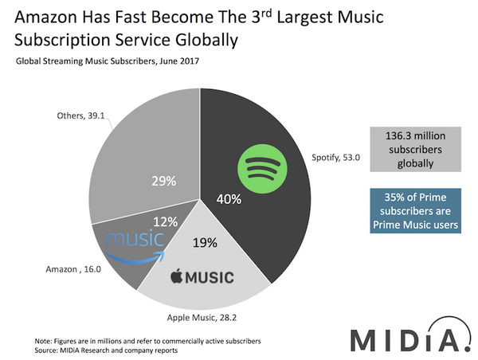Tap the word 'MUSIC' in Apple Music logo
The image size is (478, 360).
(210, 278)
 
